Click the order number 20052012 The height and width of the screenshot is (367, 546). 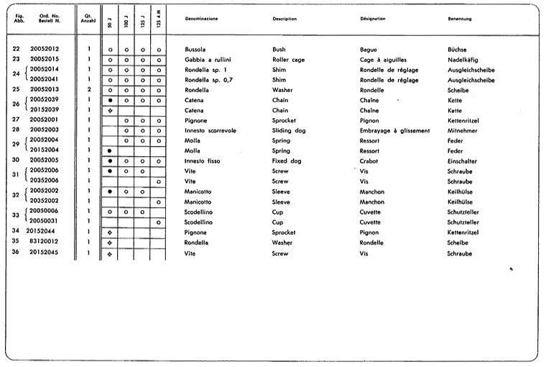pos(44,49)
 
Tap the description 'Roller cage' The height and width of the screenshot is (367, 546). pos(290,59)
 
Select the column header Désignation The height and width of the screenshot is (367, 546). pos(376,19)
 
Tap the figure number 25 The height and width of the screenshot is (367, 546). pos(16,90)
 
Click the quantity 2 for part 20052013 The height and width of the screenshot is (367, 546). pos(88,90)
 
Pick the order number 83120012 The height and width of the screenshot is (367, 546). pos(44,243)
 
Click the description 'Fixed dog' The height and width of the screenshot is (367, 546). pos(287,160)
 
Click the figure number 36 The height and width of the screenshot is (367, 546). pos(16,253)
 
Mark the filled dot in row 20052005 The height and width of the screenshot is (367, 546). pos(110,161)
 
